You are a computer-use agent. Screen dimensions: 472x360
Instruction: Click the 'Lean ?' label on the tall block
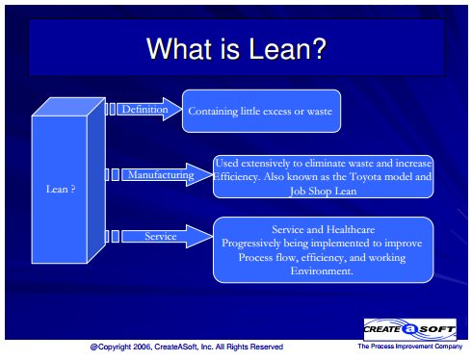coord(61,189)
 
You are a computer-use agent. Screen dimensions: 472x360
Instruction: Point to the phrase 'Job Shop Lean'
coord(324,192)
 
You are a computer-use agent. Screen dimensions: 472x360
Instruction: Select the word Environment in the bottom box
coord(322,271)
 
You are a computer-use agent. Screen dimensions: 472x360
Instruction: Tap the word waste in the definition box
coord(320,112)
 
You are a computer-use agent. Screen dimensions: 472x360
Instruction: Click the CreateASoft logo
coord(410,329)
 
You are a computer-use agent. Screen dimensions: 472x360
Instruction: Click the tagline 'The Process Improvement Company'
coord(410,347)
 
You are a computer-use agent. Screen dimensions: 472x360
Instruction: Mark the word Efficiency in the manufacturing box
coord(236,177)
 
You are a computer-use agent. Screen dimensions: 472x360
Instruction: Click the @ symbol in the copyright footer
coord(93,347)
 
